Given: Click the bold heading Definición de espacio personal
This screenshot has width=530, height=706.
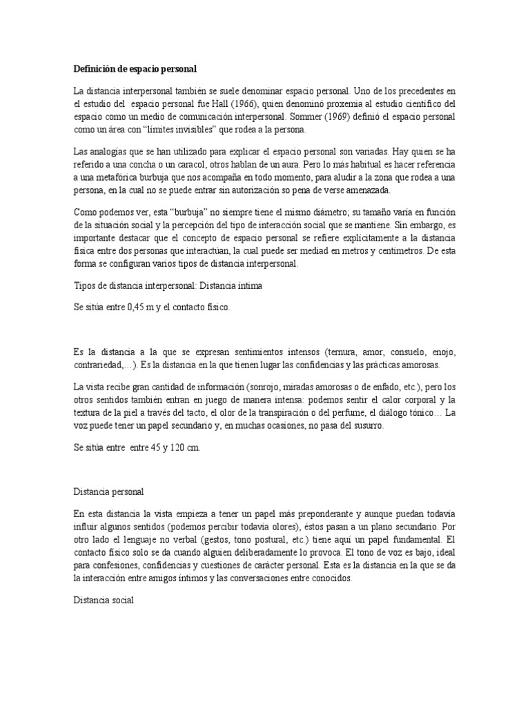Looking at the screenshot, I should coord(135,69).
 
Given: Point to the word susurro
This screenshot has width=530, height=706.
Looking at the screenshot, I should coord(362,426).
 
